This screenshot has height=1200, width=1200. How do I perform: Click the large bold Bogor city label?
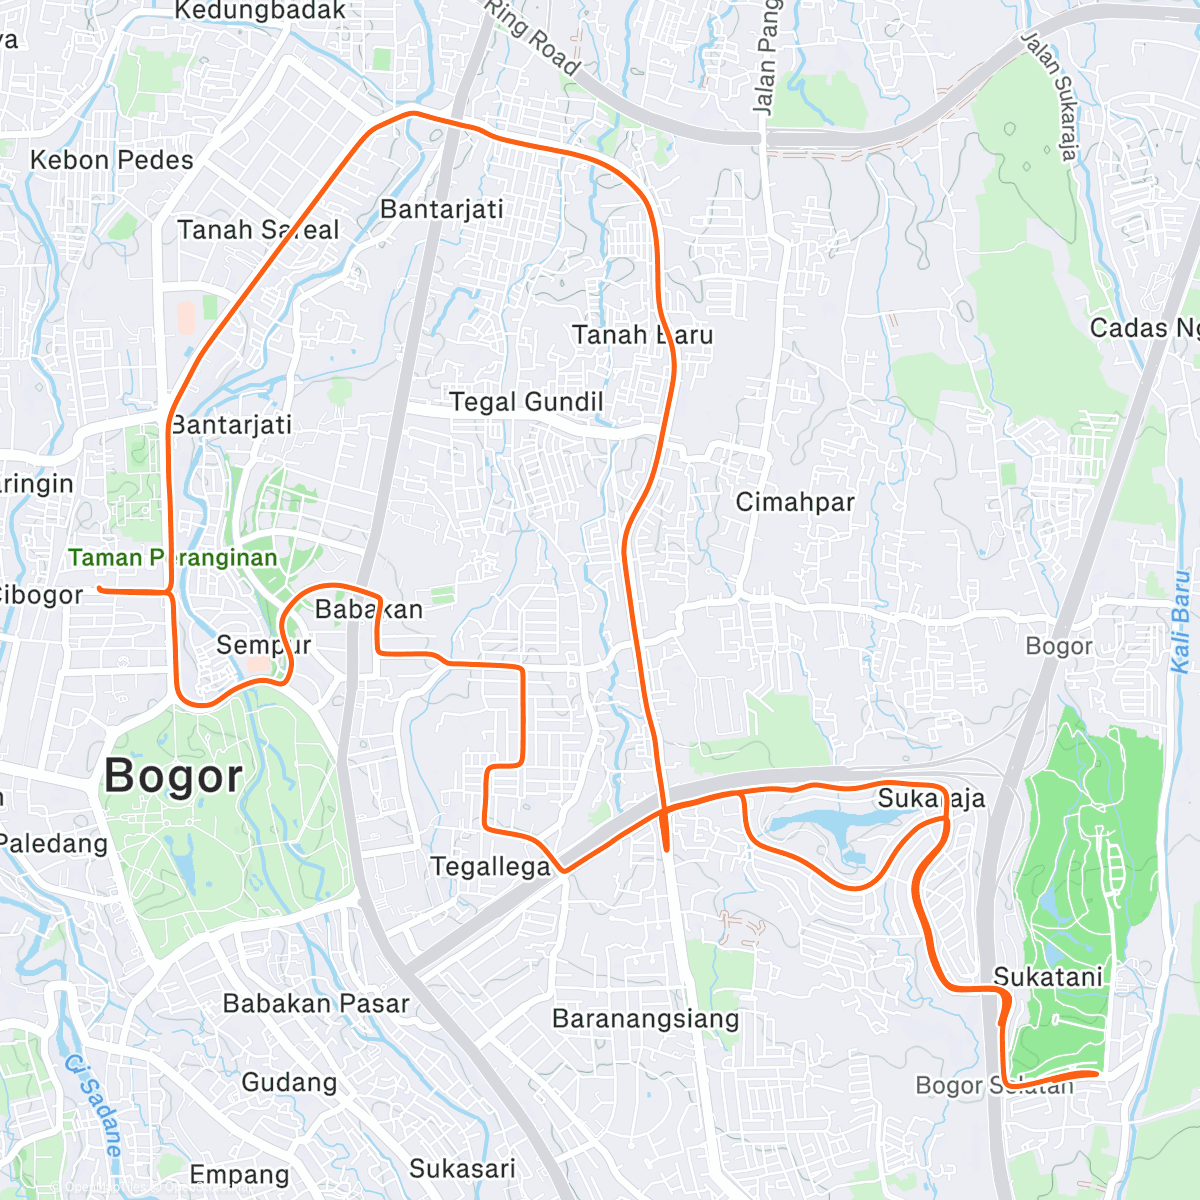tap(173, 776)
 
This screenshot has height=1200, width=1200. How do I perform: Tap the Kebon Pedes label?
tap(111, 160)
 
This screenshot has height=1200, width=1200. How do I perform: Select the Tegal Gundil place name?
tap(526, 402)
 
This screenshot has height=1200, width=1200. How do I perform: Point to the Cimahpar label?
tap(795, 502)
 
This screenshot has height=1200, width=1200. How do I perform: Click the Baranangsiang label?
tap(646, 1019)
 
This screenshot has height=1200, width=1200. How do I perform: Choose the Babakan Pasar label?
tap(316, 1004)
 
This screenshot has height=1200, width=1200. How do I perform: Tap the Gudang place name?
tap(289, 1082)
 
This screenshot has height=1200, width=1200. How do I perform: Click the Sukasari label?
tap(462, 1168)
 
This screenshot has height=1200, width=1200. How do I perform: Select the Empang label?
tap(239, 1174)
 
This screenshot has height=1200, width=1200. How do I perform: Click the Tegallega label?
tap(490, 866)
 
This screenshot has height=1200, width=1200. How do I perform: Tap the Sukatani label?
tap(1048, 976)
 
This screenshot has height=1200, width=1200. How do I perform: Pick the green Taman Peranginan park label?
tap(172, 558)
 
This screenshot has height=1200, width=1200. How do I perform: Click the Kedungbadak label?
tap(260, 11)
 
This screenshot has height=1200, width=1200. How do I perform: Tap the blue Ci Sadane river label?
tap(94, 1106)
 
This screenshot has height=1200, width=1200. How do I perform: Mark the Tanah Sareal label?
tap(258, 230)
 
